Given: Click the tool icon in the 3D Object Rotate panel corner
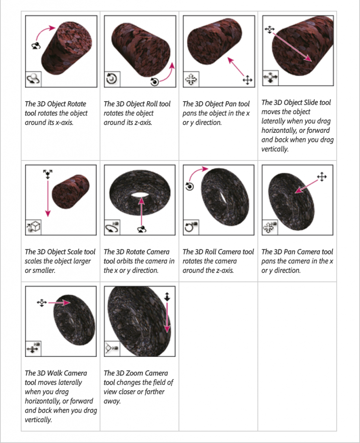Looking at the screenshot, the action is point(33,80).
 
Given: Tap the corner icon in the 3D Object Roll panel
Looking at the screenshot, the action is point(112,79).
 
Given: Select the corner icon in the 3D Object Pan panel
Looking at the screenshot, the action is point(191,80).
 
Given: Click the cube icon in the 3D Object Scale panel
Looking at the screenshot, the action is point(33,227).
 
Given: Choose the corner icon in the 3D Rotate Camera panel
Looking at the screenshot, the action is point(112,227).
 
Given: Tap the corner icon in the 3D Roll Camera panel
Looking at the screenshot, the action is point(191,227).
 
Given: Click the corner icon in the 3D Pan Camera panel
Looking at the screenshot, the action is point(270,227).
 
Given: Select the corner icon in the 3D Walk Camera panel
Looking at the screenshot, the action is point(33,348).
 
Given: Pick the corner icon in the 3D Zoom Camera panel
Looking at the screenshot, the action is point(112,348).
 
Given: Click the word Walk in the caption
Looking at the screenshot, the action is point(55,373).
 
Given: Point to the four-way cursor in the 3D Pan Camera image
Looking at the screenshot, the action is point(322,177).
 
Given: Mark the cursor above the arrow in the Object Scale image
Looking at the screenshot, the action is point(48,174).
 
